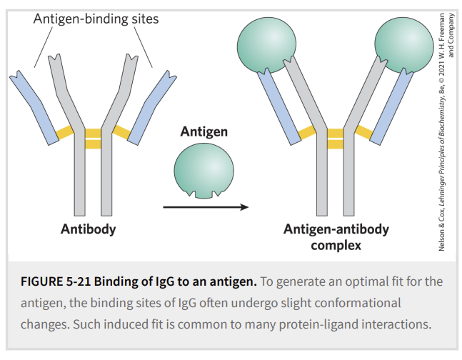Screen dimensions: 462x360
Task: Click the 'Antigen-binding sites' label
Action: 96,19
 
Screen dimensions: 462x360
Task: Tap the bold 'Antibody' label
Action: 89,229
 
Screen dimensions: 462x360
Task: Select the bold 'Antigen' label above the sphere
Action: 204,132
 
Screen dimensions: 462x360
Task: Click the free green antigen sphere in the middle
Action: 204,171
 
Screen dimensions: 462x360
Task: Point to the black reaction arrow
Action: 206,207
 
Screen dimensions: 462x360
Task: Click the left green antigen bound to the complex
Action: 266,45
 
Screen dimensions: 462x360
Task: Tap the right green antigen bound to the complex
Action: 405,45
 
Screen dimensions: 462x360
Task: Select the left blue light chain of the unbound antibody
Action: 34,108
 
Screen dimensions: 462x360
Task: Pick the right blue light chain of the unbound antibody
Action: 152,108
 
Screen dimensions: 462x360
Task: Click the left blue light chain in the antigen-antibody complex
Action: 278,106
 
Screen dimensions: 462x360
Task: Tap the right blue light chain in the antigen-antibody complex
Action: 392,106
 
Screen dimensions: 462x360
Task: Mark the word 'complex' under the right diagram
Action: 336,246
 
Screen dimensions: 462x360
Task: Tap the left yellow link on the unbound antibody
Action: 65,132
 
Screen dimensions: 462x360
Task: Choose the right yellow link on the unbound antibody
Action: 121,132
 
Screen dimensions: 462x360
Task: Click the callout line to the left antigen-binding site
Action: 44,47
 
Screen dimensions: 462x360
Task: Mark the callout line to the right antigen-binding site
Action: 144,47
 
